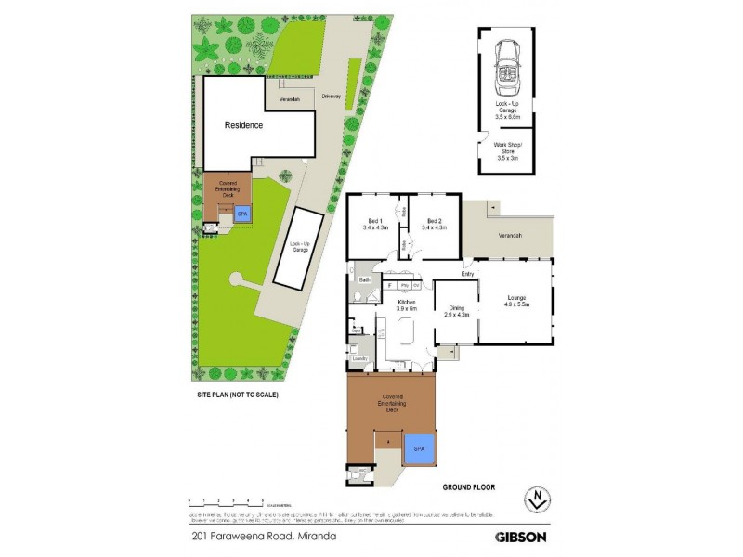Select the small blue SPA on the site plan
[x=242, y=213]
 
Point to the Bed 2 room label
[x=434, y=224]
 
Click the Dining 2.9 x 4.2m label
[x=458, y=312]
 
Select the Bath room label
[x=365, y=278]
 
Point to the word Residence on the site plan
[x=242, y=125]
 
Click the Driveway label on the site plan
[x=331, y=97]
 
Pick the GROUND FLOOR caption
[x=469, y=486]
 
